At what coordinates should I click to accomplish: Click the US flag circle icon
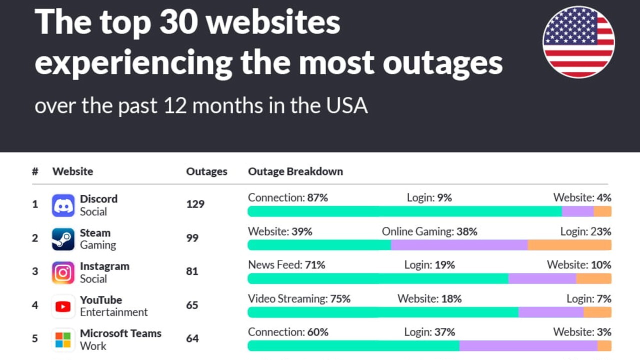578,42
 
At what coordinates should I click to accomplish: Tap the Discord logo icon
63,205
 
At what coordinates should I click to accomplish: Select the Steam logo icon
63,239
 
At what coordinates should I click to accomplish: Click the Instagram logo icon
63,272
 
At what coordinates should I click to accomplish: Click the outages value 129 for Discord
195,204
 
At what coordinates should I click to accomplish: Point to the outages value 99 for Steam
192,238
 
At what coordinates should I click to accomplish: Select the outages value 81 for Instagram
192,271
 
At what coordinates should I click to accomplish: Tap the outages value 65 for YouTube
192,305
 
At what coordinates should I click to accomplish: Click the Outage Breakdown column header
295,171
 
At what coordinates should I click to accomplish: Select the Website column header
72,171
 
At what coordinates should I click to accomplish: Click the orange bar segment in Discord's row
602,211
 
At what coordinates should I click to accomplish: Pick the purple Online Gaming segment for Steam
459,245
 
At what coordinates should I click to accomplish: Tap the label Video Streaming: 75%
299,299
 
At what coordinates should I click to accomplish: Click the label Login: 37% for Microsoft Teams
429,332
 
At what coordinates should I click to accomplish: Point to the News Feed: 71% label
286,265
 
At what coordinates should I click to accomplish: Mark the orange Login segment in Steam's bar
569,245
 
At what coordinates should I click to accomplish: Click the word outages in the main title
442,63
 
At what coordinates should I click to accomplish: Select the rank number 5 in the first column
35,338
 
